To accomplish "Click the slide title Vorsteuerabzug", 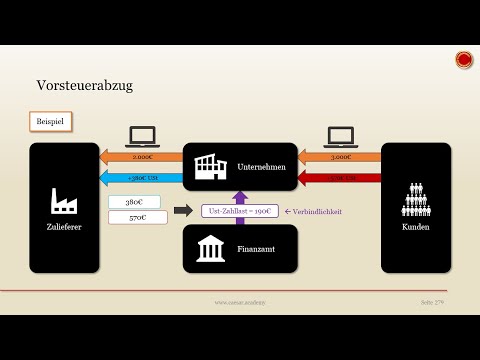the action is (84, 86).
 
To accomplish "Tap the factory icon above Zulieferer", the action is (65, 202).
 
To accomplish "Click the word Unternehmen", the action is (263, 168).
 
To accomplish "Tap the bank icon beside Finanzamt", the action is (210, 248).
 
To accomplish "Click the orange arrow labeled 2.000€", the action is (140, 157).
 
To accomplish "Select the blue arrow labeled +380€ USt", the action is (140, 178).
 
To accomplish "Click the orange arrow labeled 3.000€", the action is (340, 157).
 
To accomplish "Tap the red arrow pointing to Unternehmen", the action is (340, 178).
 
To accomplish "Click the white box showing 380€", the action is (134, 202).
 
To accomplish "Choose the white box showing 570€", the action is (134, 217).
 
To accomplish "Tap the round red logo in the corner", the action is (464, 60).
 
